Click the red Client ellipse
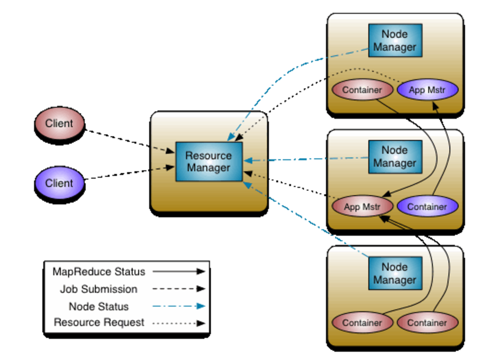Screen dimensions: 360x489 60,124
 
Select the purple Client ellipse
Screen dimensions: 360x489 60,183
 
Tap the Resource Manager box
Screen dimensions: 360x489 209,162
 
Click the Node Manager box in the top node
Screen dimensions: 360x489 395,41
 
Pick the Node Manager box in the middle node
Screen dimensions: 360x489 395,157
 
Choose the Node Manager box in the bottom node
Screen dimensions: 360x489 395,273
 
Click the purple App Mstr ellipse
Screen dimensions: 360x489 427,90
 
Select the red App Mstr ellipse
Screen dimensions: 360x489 362,207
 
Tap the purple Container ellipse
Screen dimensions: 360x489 427,207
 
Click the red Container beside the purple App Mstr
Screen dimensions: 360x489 362,90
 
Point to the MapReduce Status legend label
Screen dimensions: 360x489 99,272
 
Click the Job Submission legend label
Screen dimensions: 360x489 99,289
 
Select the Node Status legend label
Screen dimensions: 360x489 99,306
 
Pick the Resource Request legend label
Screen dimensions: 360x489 99,323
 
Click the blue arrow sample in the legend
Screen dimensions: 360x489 179,306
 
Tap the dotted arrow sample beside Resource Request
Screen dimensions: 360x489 179,323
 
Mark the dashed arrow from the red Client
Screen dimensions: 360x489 129,140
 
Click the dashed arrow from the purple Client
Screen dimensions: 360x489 129,173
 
